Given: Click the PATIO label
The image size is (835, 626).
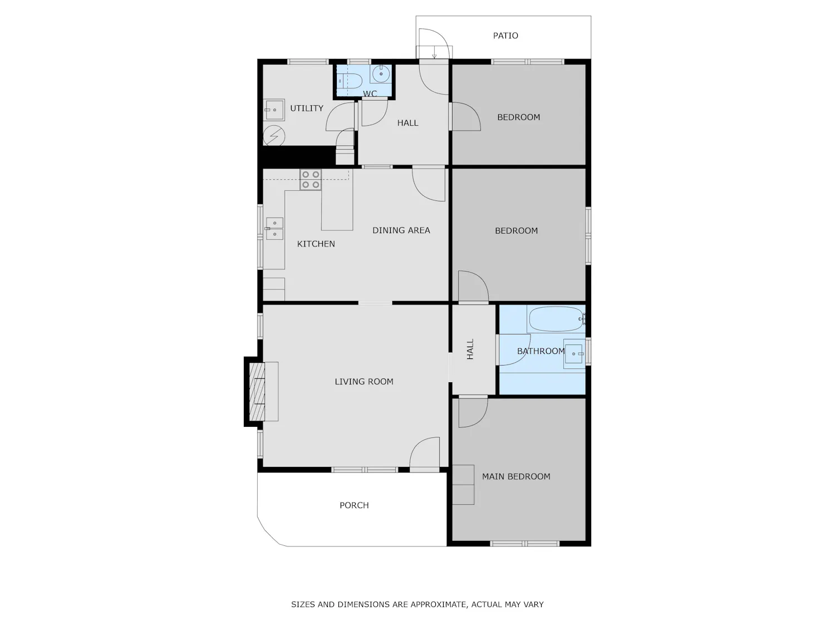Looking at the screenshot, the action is click(505, 36).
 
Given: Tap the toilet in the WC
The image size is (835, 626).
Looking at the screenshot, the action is click(349, 81).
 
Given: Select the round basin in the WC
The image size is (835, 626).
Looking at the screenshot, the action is click(381, 74).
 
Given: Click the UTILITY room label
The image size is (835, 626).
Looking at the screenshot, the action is click(307, 109).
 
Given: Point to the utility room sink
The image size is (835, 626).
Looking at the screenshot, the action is click(274, 110).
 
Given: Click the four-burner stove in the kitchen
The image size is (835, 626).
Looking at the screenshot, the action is click(311, 179).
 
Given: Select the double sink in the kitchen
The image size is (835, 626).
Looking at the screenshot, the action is click(274, 229).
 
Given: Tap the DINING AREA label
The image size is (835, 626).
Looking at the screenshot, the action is click(401, 230).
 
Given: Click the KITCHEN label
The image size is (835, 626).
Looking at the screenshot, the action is click(316, 244).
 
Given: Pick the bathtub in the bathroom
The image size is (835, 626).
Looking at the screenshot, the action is click(556, 319).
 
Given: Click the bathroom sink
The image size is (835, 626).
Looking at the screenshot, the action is click(574, 354).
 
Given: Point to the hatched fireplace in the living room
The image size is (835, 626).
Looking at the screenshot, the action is click(257, 392).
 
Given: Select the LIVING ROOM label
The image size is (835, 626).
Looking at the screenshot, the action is click(364, 382).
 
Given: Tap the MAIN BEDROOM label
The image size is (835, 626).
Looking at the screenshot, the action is click(516, 477).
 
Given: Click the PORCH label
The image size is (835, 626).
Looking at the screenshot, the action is click(354, 505).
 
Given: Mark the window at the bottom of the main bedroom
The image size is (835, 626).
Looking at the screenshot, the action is click(524, 544).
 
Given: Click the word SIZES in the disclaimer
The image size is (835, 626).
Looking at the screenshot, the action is click(303, 604).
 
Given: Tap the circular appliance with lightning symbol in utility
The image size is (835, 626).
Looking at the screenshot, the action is click(274, 136).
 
